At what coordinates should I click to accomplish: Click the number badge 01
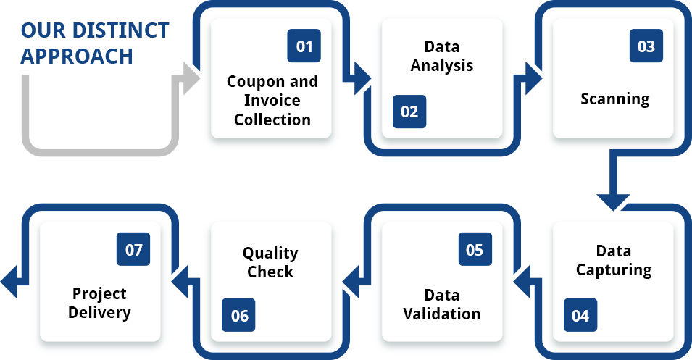(304, 46)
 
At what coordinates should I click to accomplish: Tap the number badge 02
(409, 112)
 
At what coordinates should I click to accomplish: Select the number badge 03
(646, 46)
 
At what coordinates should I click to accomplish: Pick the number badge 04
(580, 315)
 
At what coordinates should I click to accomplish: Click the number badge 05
(475, 250)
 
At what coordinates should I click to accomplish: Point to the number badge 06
(239, 315)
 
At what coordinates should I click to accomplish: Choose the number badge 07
(133, 250)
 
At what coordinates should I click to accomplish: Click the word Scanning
(614, 99)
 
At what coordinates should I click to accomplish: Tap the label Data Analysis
(441, 56)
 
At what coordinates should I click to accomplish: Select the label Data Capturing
(613, 261)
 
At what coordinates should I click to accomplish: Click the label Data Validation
(441, 304)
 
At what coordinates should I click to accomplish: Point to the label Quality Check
(270, 262)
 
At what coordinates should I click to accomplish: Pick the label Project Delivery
(99, 304)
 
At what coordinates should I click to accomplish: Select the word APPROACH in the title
(77, 56)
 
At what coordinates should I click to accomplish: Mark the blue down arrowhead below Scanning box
(613, 200)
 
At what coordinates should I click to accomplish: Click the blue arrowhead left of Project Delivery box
(10, 282)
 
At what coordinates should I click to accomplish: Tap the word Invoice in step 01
(272, 100)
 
